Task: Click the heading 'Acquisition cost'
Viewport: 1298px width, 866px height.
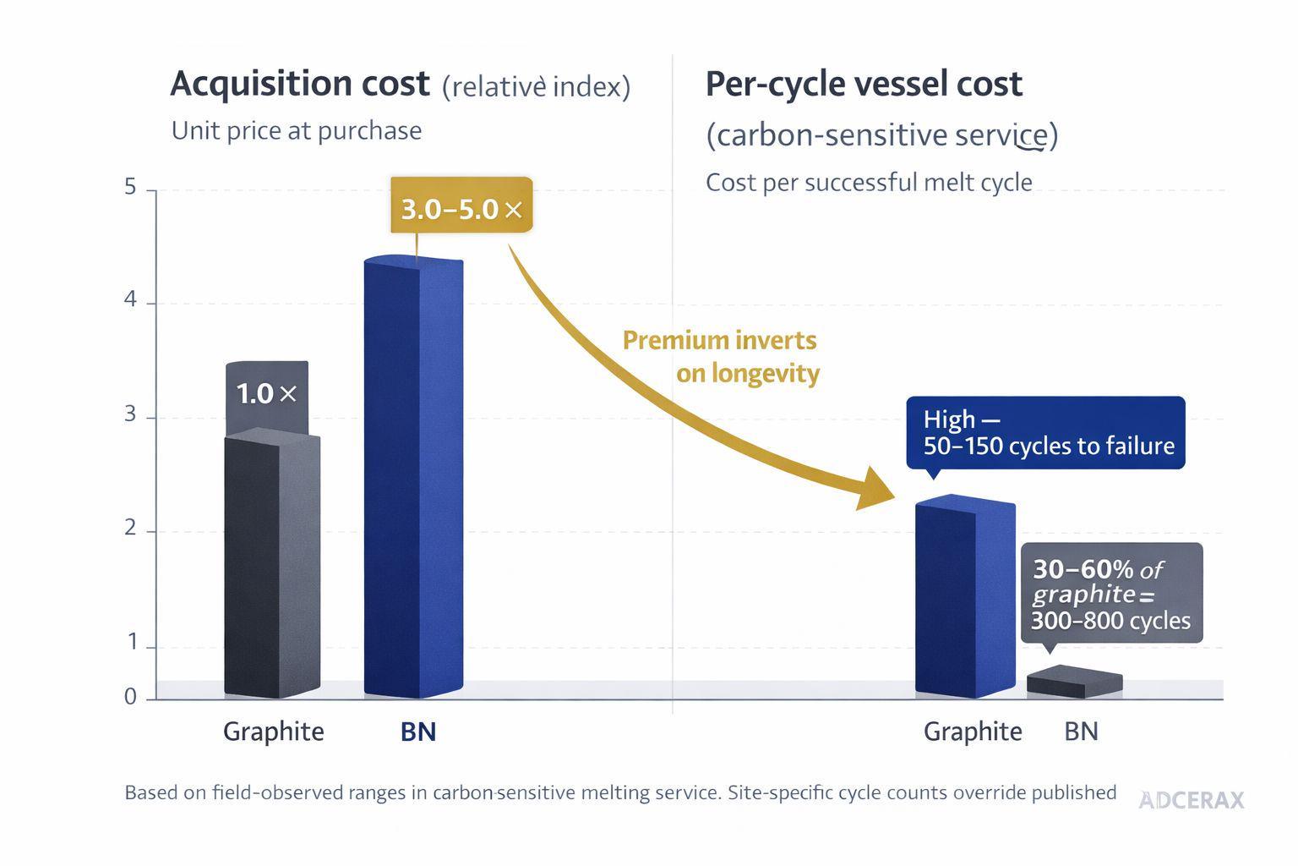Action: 300,84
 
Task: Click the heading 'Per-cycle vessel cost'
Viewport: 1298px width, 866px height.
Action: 864,84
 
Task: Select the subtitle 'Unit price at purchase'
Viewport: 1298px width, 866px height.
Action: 297,131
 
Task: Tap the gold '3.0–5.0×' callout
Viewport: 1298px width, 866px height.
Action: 461,206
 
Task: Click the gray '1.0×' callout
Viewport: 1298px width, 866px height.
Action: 266,394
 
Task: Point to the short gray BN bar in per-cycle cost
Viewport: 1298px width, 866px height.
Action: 1074,682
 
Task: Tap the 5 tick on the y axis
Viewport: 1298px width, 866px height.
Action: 130,187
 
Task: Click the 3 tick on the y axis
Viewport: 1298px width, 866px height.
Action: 130,414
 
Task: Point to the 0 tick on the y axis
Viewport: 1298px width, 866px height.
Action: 130,697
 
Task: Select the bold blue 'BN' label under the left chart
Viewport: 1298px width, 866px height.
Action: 417,732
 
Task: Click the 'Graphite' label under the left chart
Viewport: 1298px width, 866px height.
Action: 273,732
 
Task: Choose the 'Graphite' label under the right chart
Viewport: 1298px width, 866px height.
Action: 973,732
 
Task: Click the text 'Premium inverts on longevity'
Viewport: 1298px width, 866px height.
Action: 721,356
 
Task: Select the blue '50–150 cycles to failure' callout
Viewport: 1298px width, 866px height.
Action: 1045,433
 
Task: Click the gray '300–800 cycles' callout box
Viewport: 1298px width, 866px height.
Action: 1111,594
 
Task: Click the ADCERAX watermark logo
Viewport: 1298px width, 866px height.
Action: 1191,800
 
